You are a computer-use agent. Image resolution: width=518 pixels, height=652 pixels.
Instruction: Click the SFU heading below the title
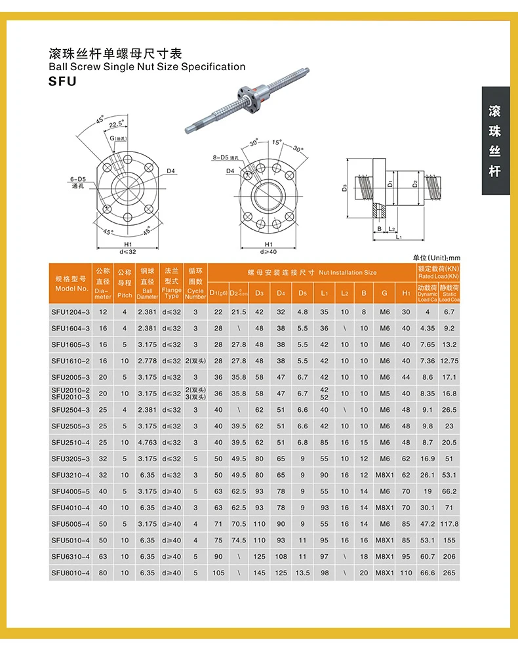coord(62,81)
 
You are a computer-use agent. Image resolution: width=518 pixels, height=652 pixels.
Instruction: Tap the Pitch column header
coord(125,283)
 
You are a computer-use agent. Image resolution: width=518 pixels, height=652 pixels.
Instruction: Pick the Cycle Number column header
coord(195,283)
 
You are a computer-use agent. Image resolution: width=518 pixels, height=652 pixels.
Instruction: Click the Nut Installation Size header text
coord(311,272)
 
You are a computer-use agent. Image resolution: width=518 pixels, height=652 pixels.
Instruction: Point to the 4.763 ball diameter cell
coord(148,442)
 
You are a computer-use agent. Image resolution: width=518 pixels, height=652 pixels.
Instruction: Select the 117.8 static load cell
coord(449,524)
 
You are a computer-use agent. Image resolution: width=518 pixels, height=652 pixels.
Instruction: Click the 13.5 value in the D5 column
coord(303,573)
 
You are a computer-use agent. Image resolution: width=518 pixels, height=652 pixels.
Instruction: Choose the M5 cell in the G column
coord(384,394)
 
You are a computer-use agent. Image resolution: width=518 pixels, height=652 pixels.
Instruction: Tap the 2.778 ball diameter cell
coord(148,361)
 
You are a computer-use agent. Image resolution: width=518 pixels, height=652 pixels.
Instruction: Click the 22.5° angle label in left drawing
coord(117,124)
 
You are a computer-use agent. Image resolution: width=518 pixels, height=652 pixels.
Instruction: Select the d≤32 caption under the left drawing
coord(128,251)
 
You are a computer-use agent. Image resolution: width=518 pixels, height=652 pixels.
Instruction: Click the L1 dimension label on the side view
coord(399,237)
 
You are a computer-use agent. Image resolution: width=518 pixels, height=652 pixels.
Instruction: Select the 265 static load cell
coord(449,573)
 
